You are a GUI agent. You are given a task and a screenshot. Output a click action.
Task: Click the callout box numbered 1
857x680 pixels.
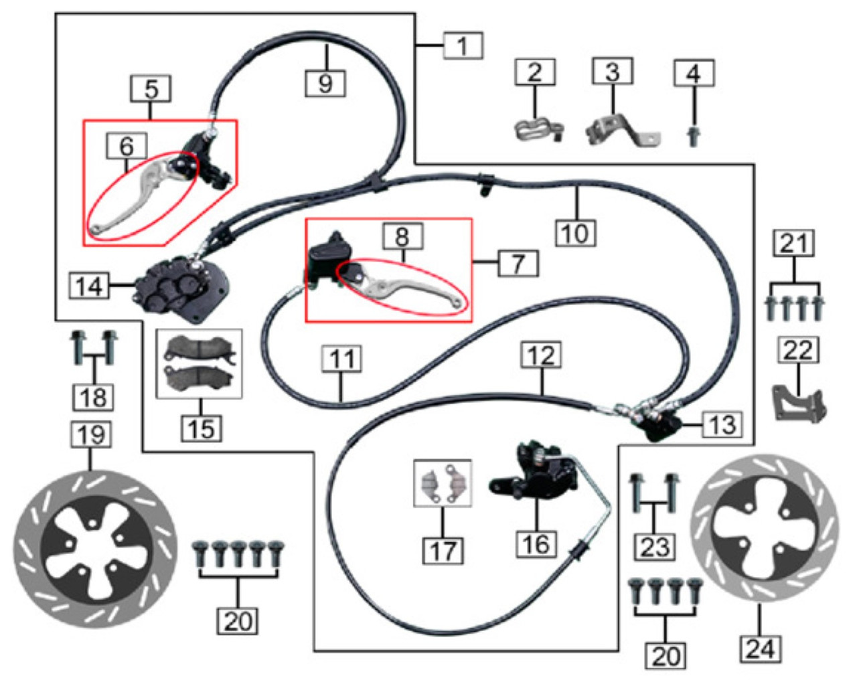click(462, 46)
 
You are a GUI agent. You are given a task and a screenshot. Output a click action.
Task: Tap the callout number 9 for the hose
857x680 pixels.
click(325, 83)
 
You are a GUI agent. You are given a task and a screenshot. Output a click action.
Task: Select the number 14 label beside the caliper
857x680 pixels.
click(90, 286)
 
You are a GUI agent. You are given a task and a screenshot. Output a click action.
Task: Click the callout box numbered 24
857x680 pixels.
click(761, 648)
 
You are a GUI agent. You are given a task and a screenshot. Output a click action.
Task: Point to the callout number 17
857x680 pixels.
click(443, 551)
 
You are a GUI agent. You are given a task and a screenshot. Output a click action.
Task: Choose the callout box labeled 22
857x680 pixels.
click(798, 350)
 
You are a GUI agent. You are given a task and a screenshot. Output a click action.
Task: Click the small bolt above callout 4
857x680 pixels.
click(694, 137)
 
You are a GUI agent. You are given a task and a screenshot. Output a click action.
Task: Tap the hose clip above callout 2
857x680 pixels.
click(538, 129)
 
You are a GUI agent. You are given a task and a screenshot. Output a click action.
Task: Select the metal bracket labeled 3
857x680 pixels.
click(620, 131)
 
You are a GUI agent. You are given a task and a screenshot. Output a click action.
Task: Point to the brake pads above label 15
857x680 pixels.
click(200, 363)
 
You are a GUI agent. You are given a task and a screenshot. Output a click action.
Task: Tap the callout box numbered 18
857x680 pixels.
click(93, 397)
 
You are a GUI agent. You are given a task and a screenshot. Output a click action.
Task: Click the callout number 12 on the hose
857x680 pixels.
click(541, 355)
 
